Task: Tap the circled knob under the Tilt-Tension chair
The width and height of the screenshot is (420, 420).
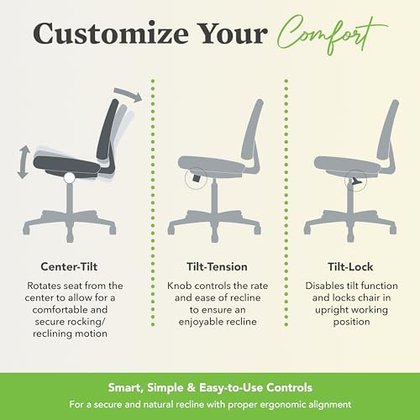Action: pos(196,178)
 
